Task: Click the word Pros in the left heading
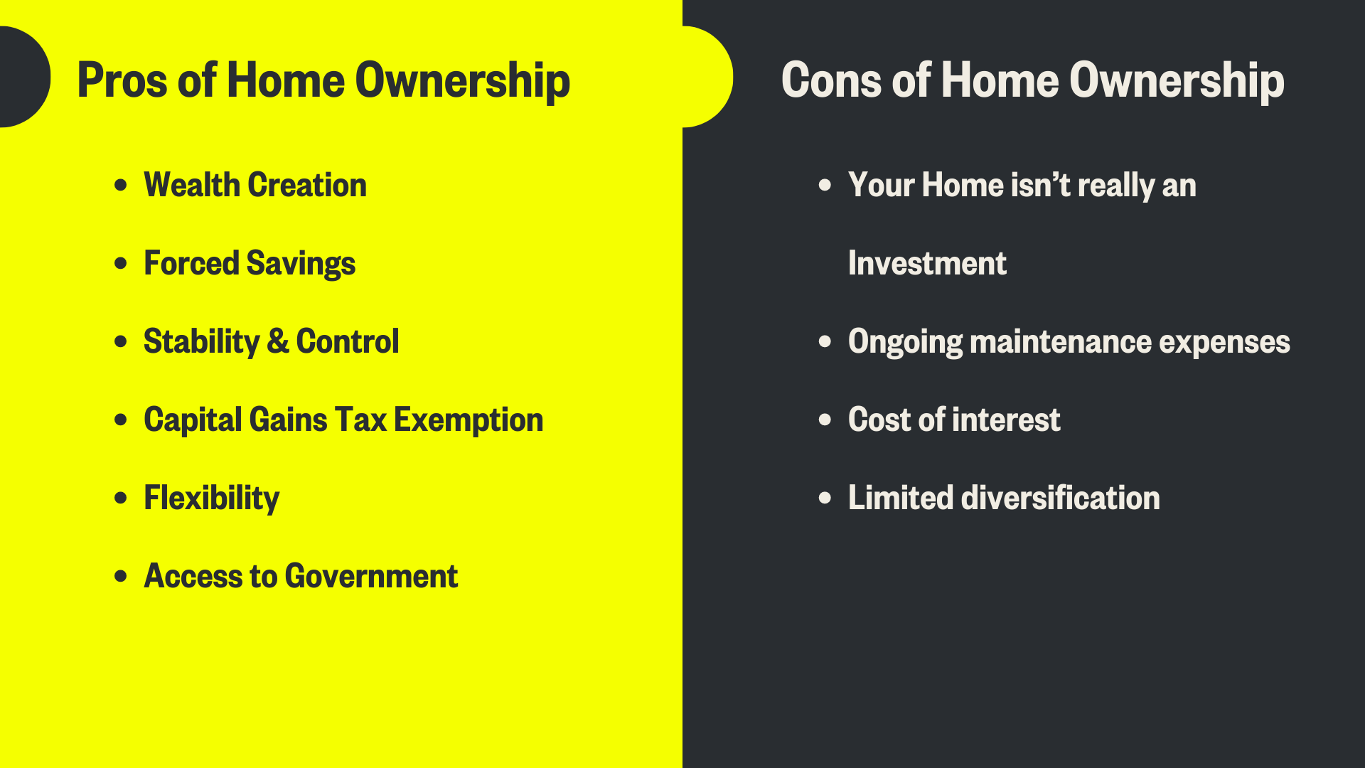tap(122, 80)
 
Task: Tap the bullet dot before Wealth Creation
tap(121, 185)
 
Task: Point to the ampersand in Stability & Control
tap(278, 341)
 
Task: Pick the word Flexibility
tap(211, 498)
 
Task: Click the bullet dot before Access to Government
tap(121, 576)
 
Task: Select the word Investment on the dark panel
tap(927, 263)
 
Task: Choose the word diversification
tap(1060, 498)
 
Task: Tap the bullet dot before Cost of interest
tap(825, 420)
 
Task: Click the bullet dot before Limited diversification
tap(825, 498)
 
